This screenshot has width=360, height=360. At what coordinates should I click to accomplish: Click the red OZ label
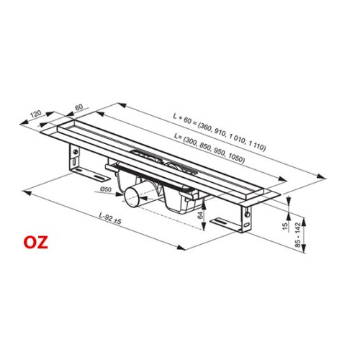(35, 243)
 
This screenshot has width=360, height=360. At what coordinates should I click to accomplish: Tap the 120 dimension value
(36, 114)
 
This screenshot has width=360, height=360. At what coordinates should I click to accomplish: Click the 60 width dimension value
(78, 107)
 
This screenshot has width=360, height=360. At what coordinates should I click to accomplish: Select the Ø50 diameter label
(106, 189)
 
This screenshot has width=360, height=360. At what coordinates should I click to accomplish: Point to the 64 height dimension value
(200, 215)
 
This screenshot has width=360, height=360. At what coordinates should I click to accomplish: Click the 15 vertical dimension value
(285, 226)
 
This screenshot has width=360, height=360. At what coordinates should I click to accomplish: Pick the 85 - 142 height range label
(297, 235)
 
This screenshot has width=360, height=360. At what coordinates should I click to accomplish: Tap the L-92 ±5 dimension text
(110, 218)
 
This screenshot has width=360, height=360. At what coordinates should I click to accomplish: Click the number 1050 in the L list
(236, 158)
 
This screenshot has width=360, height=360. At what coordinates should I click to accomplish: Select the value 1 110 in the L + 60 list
(257, 146)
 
